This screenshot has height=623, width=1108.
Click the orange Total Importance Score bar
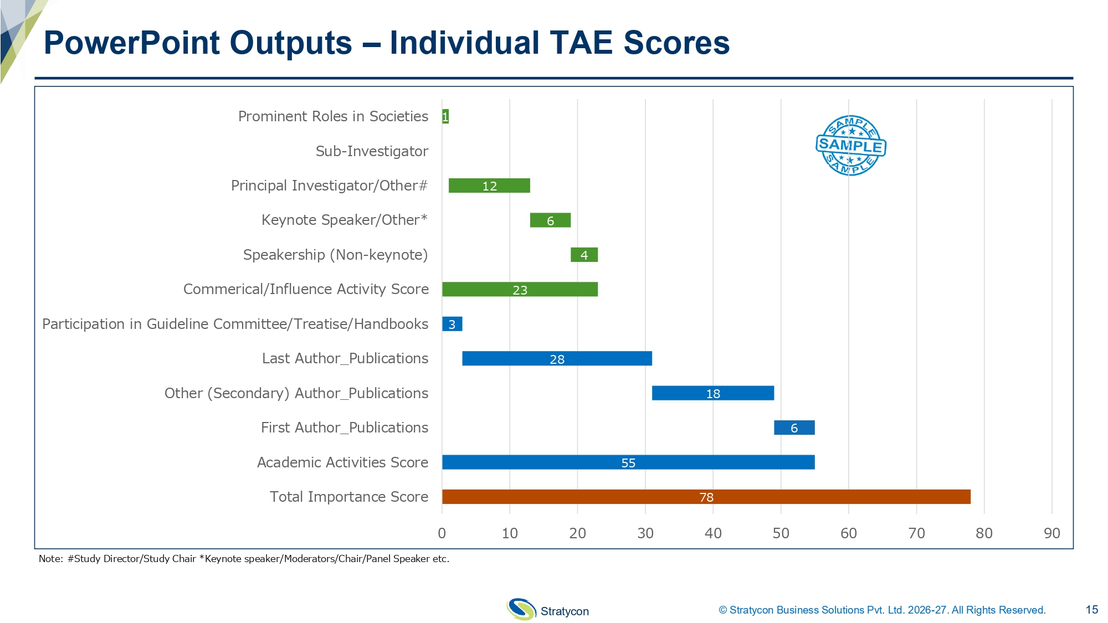point(706,497)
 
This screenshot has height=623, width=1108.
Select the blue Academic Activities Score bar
point(628,462)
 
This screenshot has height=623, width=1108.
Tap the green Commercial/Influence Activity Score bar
point(520,289)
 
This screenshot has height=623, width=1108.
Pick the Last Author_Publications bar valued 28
point(557,358)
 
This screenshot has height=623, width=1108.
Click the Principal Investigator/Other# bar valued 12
point(489,186)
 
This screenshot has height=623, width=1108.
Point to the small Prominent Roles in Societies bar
point(445,116)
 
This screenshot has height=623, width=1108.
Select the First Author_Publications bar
point(794,428)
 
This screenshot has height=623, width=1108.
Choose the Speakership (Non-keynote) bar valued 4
point(584,255)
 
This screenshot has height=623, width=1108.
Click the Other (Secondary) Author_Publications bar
point(712,393)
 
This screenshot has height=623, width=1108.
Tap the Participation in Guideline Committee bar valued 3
point(452,324)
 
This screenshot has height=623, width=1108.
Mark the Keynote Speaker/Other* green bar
point(550,220)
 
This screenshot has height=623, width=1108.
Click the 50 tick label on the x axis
point(781,533)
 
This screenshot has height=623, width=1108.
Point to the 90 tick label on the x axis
point(1051,533)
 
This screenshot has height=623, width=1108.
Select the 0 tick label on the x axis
point(442,533)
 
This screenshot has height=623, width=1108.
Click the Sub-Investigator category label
point(372,151)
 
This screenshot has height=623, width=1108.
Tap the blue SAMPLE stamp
point(850,146)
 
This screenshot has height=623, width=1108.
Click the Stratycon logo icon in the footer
point(521,609)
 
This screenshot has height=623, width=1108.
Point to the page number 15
point(1091,610)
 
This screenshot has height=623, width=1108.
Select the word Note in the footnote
point(50,559)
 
